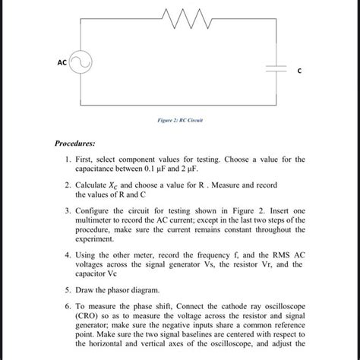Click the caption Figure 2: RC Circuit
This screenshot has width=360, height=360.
click(180, 120)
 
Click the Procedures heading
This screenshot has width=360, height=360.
click(79, 142)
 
